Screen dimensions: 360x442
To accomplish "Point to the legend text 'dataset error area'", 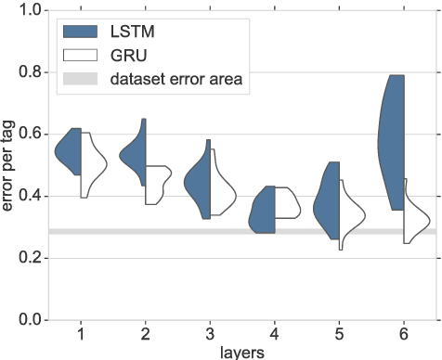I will [x=175, y=80].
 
